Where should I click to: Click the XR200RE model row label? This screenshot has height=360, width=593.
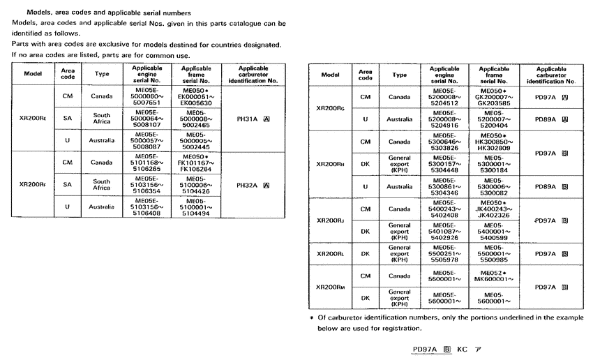click(x=33, y=119)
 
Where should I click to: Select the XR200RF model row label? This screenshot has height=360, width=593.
click(x=33, y=185)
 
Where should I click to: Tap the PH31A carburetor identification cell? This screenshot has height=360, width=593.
click(x=253, y=119)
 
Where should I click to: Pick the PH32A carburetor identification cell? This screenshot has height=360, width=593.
click(x=253, y=185)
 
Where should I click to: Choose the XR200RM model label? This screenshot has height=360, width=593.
click(x=331, y=286)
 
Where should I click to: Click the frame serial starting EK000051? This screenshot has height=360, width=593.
click(x=197, y=97)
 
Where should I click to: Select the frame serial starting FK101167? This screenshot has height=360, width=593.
click(x=197, y=163)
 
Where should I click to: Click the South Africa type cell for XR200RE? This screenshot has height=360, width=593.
click(x=102, y=119)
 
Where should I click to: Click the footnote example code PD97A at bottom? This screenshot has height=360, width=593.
click(x=424, y=349)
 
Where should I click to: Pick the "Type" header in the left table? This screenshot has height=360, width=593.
click(x=102, y=74)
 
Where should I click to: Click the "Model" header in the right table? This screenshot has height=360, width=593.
click(x=331, y=75)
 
